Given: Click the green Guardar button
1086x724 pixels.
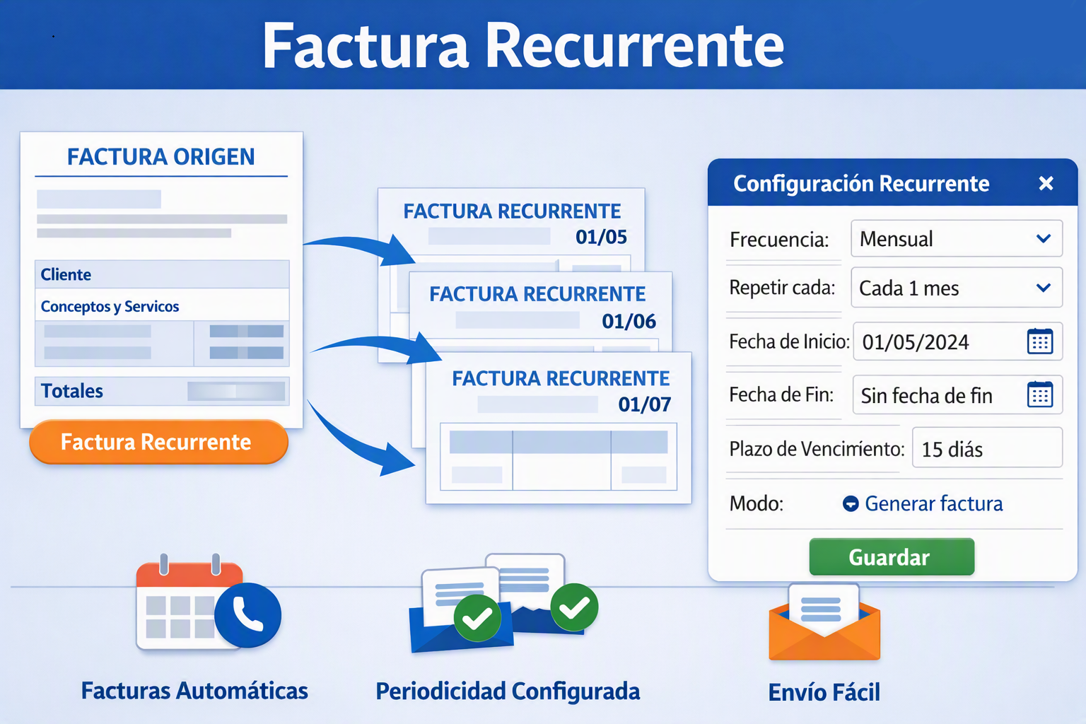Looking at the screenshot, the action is click(892, 556).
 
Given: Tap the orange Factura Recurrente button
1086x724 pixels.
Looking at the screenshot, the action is click(158, 442).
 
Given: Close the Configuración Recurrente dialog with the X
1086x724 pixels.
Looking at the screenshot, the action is click(1046, 183).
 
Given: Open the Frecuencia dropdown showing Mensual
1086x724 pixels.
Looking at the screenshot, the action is click(957, 238).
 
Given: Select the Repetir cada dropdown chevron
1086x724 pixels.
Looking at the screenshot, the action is click(1044, 288).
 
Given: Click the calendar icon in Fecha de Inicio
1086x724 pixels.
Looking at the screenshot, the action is click(1040, 341).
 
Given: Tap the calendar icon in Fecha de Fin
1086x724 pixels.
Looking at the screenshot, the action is click(1040, 395).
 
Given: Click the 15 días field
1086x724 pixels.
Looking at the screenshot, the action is click(987, 448).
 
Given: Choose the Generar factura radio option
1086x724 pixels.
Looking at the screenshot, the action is click(851, 504).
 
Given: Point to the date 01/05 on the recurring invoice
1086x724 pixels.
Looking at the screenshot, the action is click(601, 237).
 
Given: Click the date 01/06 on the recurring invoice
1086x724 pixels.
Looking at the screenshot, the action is click(629, 321).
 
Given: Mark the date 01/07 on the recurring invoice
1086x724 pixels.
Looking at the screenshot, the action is click(644, 404).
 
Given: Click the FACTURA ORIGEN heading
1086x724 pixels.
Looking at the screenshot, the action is click(161, 157).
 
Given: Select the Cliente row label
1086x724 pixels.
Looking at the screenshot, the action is click(66, 274).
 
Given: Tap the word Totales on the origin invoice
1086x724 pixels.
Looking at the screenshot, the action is click(71, 391).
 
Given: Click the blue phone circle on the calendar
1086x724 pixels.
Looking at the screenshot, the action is click(247, 615).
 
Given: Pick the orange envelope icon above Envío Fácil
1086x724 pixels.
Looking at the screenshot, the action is click(824, 622).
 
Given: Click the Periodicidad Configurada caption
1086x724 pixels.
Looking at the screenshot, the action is click(508, 691).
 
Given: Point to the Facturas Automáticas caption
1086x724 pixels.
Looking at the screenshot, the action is click(194, 691).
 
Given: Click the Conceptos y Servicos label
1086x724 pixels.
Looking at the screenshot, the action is click(110, 306).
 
